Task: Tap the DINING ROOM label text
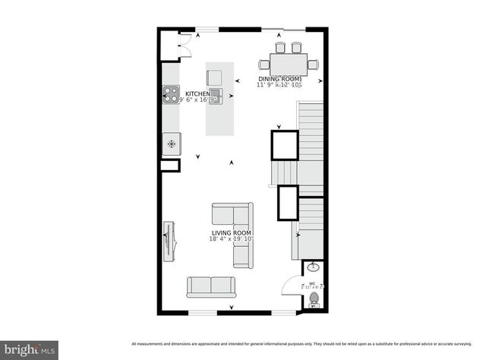click(280, 79)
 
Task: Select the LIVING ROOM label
click(232, 232)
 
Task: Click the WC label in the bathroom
click(312, 283)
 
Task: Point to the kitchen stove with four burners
click(170, 95)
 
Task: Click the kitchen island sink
click(216, 95)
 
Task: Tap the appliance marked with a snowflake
click(172, 144)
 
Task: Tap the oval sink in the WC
click(313, 268)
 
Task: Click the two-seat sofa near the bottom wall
click(212, 286)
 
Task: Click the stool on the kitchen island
click(215, 77)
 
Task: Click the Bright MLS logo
click(30, 349)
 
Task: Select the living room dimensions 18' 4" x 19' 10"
click(232, 239)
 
